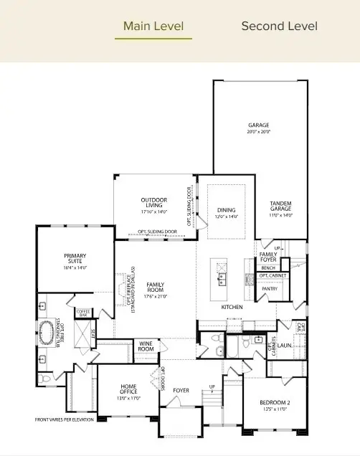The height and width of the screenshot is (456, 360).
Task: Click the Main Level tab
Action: (x=153, y=27)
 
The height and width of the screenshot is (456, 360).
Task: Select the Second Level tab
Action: (x=279, y=27)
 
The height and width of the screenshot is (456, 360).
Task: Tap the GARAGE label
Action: (x=260, y=125)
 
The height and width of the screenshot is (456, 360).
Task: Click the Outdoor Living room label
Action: (x=154, y=203)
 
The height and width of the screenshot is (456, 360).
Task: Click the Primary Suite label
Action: (x=75, y=259)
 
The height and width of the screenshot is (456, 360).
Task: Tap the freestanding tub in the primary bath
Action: (x=47, y=334)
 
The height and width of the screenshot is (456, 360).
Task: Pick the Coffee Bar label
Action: (x=85, y=313)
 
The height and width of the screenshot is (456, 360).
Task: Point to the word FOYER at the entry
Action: (x=181, y=391)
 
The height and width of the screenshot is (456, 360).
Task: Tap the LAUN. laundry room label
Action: (x=285, y=344)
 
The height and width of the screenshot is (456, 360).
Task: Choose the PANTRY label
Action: (x=269, y=288)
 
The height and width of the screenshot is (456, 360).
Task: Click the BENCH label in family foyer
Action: (x=268, y=267)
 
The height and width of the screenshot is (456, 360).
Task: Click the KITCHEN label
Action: (x=232, y=307)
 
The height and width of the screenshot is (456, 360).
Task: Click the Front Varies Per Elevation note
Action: (x=65, y=419)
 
